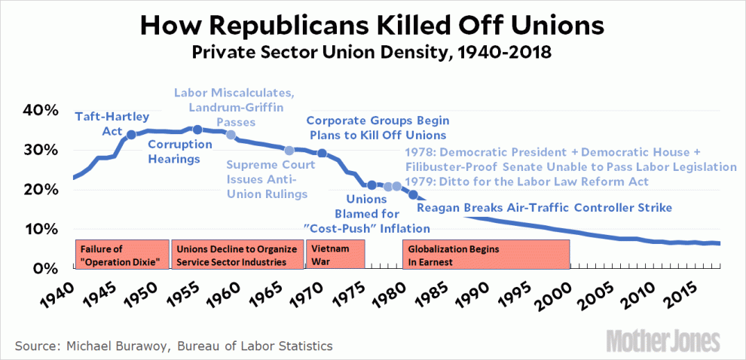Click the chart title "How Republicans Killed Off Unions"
372,26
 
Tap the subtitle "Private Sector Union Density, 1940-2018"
372,53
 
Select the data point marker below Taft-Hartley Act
130,135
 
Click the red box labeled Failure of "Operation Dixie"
121,254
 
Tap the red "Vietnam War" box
335,254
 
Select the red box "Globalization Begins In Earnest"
486,254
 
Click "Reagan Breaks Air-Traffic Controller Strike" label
544,207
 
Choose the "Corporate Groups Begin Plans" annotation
378,127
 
